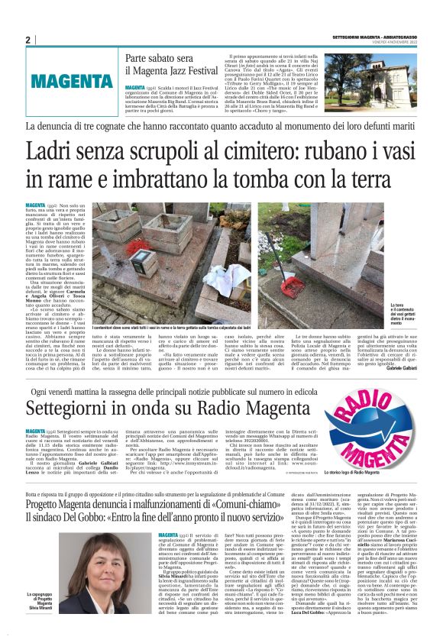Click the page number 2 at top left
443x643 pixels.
tap(27, 39)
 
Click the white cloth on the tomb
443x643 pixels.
tap(227, 276)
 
